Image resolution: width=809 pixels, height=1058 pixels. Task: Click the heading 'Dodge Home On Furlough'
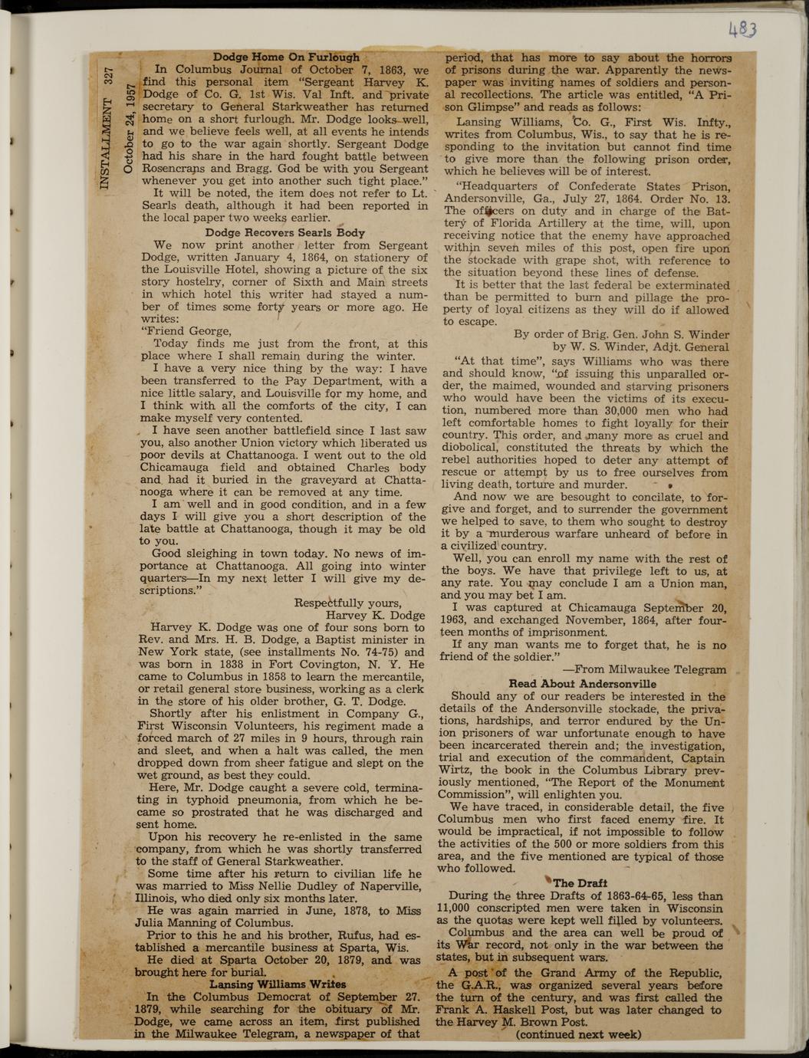[286, 57]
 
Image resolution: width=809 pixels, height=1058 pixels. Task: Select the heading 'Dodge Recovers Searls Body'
[284, 232]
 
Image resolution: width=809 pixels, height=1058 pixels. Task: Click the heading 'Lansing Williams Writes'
[278, 984]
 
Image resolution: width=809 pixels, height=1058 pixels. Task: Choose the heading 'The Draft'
[585, 882]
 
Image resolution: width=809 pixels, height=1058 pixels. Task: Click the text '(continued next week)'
[578, 1033]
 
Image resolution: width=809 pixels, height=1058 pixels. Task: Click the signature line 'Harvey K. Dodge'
[375, 615]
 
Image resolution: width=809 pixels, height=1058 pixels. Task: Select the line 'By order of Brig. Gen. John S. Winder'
[621, 333]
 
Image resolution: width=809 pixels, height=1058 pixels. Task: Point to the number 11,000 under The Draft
[455, 908]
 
